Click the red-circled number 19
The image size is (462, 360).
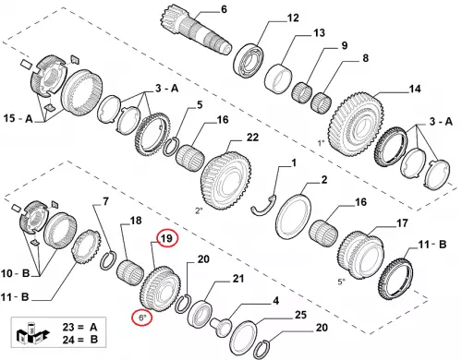167,238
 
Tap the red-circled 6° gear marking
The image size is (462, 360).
141,318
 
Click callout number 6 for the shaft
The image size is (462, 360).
224,9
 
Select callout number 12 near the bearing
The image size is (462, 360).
293,18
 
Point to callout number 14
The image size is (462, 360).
415,89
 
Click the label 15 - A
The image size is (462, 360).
18,118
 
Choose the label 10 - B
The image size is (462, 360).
15,273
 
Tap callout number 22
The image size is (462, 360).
252,138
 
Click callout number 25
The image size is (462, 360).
300,315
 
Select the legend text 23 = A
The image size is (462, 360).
80,327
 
